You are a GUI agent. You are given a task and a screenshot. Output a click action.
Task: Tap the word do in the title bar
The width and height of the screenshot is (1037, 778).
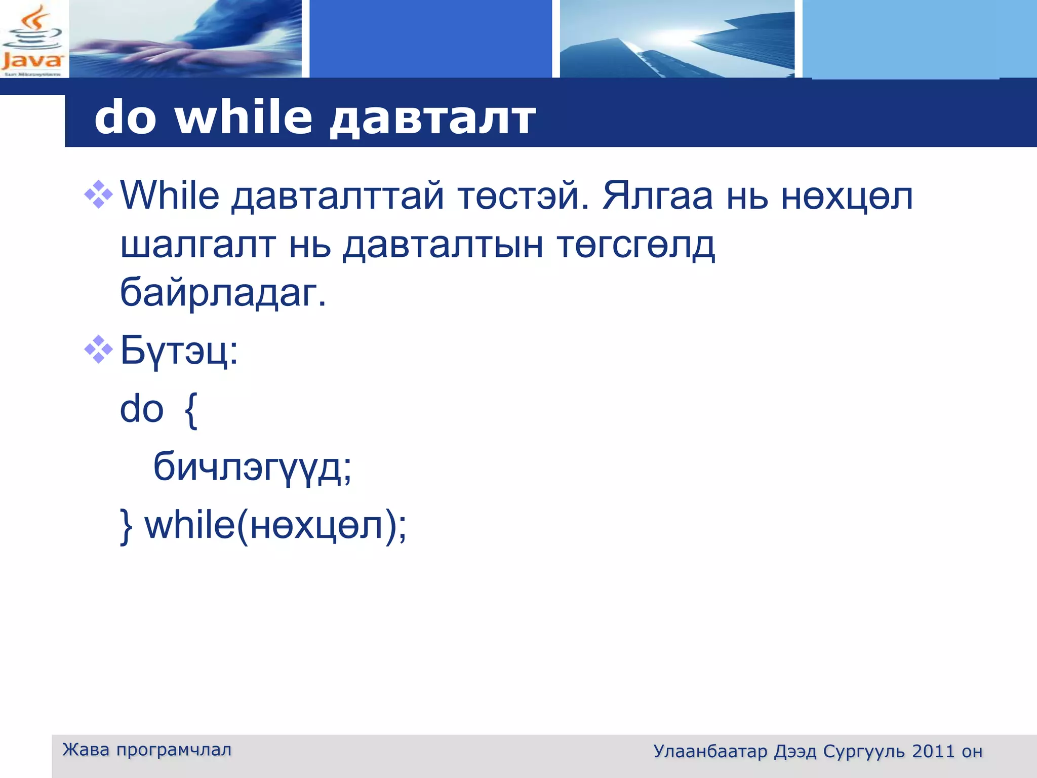pyautogui.click(x=125, y=118)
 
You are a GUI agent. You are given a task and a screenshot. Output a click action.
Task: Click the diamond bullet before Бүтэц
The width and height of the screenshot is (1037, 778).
pyautogui.click(x=98, y=349)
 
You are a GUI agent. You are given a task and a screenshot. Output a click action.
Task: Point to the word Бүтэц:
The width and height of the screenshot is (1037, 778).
pyautogui.click(x=179, y=351)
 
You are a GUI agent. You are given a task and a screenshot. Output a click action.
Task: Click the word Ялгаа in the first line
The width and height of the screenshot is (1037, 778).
pyautogui.click(x=657, y=196)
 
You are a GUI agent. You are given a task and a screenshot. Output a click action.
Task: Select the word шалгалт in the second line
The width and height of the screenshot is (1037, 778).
pyautogui.click(x=198, y=245)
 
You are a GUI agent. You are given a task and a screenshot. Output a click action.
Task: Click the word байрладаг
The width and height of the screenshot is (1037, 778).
pyautogui.click(x=223, y=293)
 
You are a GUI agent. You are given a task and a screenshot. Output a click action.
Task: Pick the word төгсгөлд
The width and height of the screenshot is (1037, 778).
pyautogui.click(x=635, y=245)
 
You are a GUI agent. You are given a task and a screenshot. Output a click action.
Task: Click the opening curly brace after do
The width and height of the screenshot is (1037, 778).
pyautogui.click(x=190, y=410)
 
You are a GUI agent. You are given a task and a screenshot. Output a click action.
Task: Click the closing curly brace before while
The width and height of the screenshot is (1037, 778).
pyautogui.click(x=126, y=526)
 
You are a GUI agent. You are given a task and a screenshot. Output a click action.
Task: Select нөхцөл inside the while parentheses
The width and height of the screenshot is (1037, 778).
pyautogui.click(x=316, y=526)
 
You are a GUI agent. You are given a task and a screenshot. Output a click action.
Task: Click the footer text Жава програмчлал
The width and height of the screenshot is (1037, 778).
pyautogui.click(x=147, y=750)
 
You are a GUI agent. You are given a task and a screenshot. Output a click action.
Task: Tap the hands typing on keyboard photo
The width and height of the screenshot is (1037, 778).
pyautogui.click(x=185, y=39)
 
